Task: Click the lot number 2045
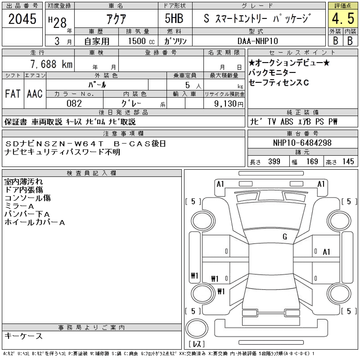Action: tap(22, 19)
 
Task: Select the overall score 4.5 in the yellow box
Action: tap(343, 19)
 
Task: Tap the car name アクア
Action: tap(116, 19)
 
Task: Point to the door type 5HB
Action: tap(174, 19)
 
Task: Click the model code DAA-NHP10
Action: tap(258, 41)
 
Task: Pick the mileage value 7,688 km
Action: tap(51, 64)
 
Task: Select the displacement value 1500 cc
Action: tap(141, 41)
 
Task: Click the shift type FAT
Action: tap(13, 94)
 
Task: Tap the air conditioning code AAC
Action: tap(35, 94)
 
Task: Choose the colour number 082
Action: tap(74, 103)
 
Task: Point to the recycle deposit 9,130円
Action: tap(229, 103)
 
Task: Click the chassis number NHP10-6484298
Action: tap(302, 143)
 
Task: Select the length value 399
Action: tap(274, 161)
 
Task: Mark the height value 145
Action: tap(348, 161)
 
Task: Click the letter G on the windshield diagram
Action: tap(285, 237)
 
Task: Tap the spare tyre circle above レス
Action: tap(197, 328)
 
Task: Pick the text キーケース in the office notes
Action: tap(24, 336)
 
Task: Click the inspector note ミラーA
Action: tap(19, 206)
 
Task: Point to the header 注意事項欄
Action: tap(123, 133)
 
